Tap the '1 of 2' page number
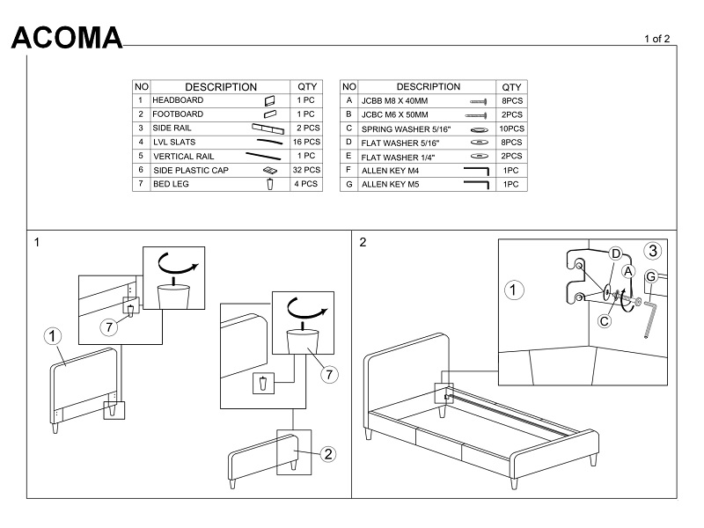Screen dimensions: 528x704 657,39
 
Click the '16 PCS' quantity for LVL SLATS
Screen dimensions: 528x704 307,142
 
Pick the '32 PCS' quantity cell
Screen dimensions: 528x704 307,170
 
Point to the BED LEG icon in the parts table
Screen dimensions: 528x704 270,184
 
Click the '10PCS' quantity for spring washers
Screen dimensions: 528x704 511,128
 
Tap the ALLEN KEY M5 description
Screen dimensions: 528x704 393,185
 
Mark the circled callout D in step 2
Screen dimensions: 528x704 616,254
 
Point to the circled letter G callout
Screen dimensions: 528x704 651,277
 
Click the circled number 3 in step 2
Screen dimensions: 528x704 651,251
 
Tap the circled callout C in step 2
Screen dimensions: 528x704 605,320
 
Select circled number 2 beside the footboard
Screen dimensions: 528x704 326,454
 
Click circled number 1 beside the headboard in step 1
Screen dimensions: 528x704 52,336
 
